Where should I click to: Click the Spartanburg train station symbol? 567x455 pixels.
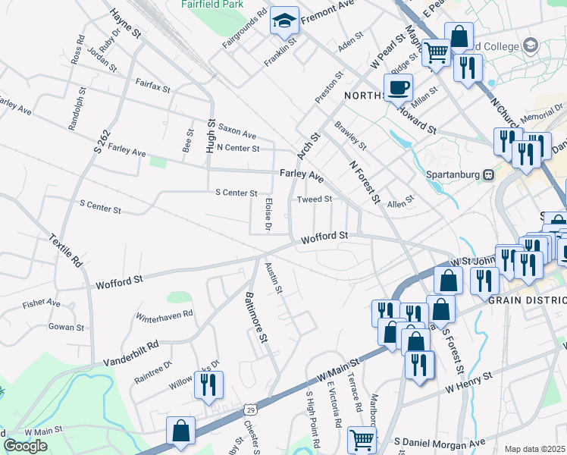[489, 174]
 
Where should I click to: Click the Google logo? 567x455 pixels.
[25, 446]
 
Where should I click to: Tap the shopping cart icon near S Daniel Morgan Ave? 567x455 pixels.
[362, 438]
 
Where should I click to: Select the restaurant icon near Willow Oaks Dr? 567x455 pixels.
[208, 384]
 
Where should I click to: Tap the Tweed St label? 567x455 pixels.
[315, 199]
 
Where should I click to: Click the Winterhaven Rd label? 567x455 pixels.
[164, 313]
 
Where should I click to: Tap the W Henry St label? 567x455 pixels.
[469, 381]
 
